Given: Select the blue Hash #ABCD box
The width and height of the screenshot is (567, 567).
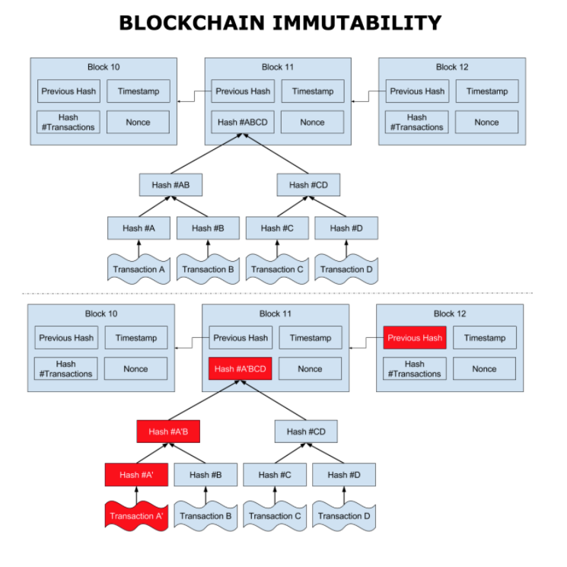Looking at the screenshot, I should click(242, 122).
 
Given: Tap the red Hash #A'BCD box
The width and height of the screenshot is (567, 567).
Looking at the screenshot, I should click(240, 369).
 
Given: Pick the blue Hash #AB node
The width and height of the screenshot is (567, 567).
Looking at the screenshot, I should click(170, 184).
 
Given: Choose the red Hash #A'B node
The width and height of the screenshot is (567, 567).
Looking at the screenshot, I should click(168, 432).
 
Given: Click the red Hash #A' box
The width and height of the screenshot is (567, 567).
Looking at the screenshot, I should click(136, 475).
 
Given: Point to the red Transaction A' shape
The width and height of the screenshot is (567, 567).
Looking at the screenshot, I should click(136, 515).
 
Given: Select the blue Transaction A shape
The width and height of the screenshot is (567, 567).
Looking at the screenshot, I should click(139, 269).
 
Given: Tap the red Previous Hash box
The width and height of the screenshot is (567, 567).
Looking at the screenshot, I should click(415, 338).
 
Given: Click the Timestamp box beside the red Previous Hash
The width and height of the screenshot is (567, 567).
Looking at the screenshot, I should click(485, 338).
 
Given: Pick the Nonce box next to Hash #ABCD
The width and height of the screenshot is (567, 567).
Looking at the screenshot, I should click(312, 122).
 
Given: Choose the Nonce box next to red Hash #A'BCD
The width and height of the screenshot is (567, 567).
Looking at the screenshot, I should click(310, 369).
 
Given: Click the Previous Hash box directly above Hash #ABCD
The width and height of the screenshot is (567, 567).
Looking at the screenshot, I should click(243, 91).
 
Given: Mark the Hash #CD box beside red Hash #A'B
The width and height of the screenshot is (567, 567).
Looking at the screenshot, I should click(306, 432).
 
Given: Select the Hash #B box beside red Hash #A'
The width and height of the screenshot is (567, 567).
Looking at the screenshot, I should click(205, 475).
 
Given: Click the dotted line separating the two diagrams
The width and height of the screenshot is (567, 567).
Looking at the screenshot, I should click(277, 293).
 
